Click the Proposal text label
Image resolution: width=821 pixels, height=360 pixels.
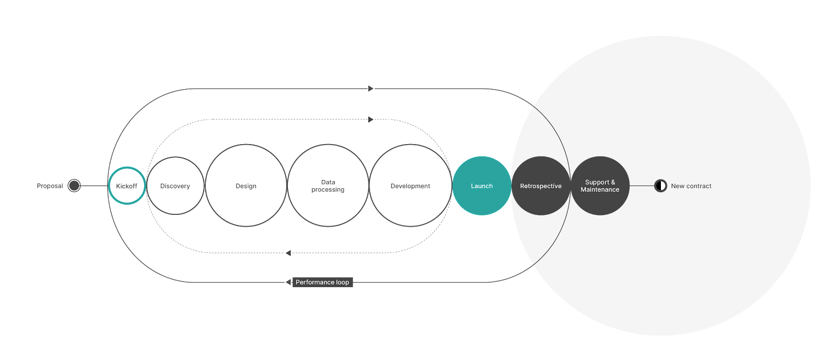49,186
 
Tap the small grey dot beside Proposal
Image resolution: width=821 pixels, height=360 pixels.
74,186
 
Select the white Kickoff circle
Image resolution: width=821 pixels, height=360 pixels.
127,186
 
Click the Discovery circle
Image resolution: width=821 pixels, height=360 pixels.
175,186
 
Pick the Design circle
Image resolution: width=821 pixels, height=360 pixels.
246,186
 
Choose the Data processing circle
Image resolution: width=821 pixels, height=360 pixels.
328,186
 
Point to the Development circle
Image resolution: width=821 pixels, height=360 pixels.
410,186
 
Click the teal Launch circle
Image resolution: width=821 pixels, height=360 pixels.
481,186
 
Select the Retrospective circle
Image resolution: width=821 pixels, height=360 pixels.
541,186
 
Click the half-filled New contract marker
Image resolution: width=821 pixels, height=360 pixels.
660,186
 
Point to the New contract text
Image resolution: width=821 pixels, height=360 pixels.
691,186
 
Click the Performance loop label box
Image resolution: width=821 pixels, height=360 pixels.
322,282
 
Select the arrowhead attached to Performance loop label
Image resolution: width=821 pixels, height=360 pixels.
288,282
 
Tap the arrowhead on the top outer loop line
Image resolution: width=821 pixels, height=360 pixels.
371,89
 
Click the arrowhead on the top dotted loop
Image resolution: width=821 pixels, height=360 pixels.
371,119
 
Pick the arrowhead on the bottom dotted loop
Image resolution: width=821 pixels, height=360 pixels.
288,253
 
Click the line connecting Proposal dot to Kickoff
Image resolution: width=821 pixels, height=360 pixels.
94,186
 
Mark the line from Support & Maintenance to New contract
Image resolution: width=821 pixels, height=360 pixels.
641,186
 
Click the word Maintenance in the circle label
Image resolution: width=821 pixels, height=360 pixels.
600,190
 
